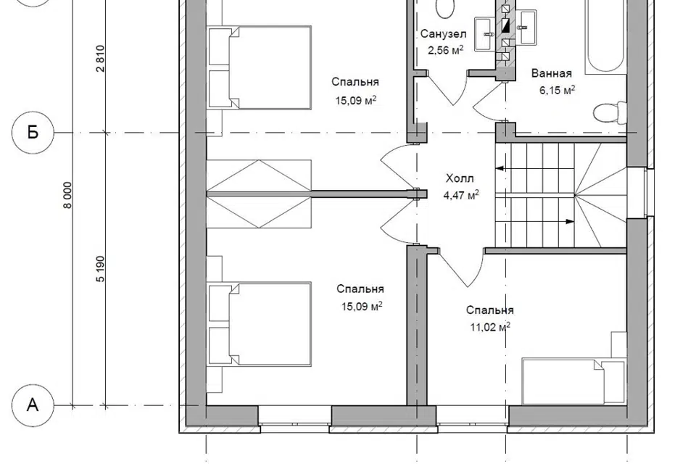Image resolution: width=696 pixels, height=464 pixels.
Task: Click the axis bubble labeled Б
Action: coord(33,133)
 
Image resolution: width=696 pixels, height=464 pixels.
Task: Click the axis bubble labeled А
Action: coord(33,405)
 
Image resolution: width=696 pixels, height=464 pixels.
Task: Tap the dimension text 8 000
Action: coord(67,195)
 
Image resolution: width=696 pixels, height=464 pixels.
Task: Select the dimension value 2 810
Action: coord(100,58)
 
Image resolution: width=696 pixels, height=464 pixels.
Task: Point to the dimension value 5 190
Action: coord(100,269)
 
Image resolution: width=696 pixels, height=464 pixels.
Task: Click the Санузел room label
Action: coord(444,34)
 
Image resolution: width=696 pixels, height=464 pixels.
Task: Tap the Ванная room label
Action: coord(551,72)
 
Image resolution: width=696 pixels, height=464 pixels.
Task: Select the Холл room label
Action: coord(460,178)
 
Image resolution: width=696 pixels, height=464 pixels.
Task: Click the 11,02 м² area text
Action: coord(490,327)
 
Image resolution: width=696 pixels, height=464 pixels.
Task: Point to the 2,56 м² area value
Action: coord(446,50)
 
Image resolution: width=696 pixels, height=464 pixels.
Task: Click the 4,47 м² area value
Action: coord(461,195)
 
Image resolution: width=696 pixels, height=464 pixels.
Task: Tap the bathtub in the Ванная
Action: coord(605,36)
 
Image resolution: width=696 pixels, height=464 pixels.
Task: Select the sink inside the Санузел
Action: coord(485,34)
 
